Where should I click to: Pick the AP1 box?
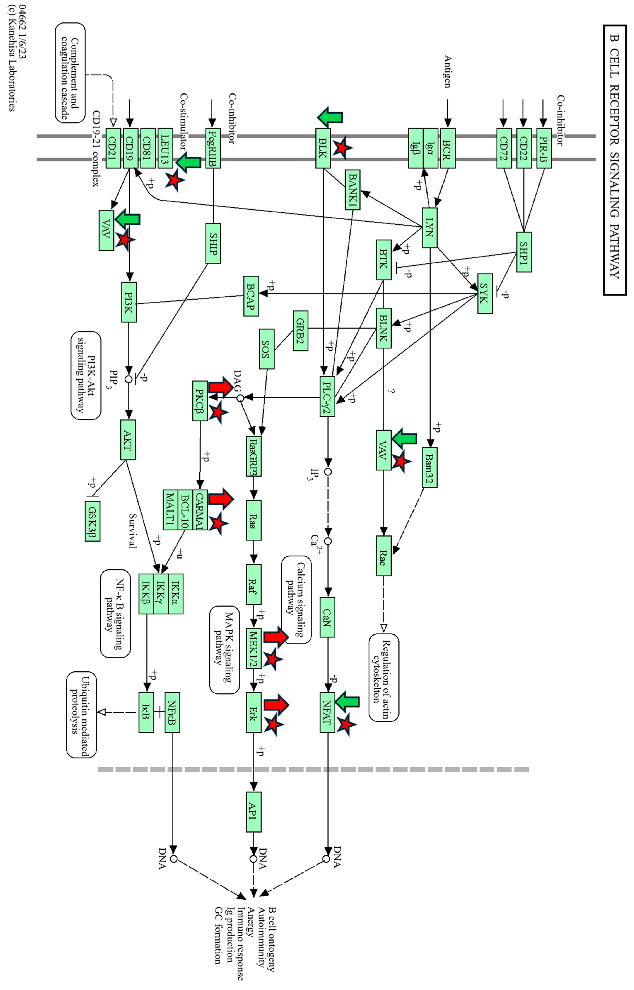tap(254, 812)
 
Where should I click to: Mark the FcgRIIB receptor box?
tap(213, 148)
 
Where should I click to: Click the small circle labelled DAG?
tap(240, 398)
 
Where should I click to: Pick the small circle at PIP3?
tap(129, 379)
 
